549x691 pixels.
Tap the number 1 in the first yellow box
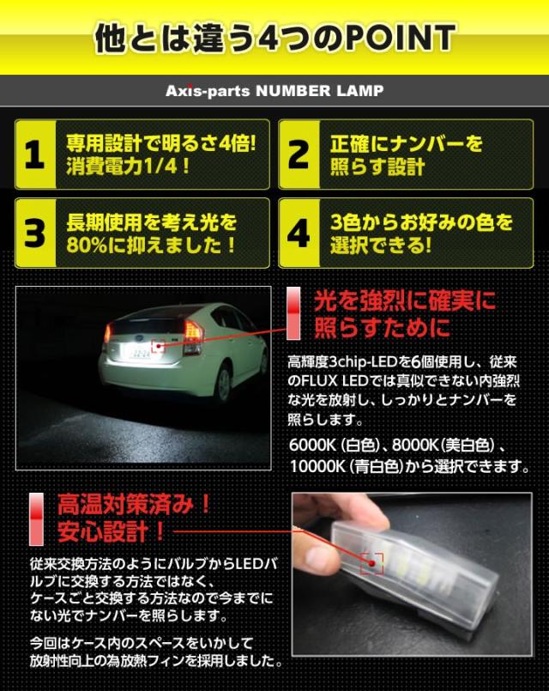pyautogui.click(x=33, y=155)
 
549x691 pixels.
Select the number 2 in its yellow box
pyautogui.click(x=299, y=155)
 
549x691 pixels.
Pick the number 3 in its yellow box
pyautogui.click(x=33, y=233)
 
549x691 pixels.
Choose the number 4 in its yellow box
pyautogui.click(x=299, y=233)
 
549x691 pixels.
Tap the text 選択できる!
pyautogui.click(x=377, y=245)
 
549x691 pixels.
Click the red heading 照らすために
pyautogui.click(x=382, y=329)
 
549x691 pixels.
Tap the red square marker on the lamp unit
pyautogui.click(x=371, y=562)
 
